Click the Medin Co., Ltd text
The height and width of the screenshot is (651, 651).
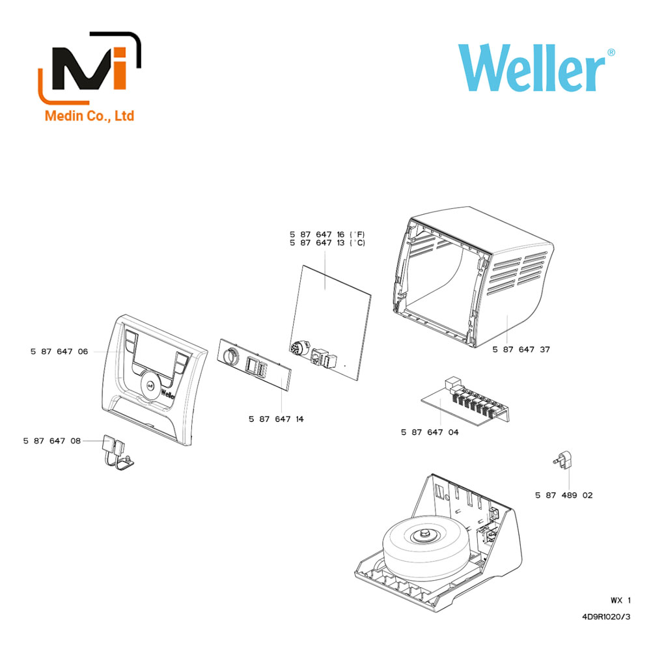(89, 115)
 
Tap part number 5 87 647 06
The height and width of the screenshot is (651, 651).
(59, 352)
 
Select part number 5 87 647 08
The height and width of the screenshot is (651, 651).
(52, 441)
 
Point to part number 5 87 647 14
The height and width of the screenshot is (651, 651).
(276, 419)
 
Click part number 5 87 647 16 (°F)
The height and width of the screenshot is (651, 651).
(327, 234)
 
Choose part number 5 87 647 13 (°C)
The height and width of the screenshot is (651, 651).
(327, 243)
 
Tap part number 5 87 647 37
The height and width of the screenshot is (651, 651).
(521, 350)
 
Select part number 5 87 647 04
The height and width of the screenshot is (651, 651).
(430, 432)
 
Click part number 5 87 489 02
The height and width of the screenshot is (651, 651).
(564, 495)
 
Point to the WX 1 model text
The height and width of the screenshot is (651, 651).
(620, 600)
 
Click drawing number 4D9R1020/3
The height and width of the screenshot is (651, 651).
(606, 617)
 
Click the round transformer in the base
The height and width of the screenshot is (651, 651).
(428, 547)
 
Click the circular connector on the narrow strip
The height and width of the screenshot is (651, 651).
(230, 356)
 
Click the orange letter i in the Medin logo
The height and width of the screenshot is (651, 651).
(120, 68)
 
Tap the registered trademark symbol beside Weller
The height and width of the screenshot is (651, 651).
(611, 53)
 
